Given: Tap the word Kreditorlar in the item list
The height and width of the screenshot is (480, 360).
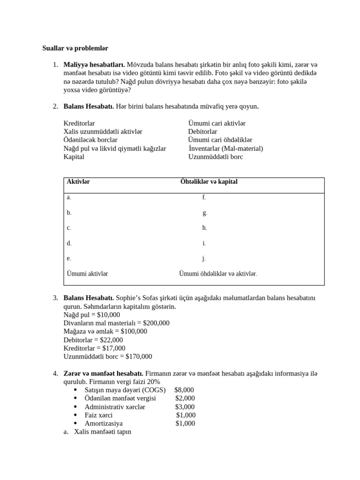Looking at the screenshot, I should coord(79,123).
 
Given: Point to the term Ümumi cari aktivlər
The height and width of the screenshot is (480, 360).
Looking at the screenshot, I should coord(217,123).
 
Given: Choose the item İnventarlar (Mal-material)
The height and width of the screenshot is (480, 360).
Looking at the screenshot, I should coord(226,149).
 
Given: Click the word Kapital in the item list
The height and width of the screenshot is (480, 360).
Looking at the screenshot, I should coord(74,157).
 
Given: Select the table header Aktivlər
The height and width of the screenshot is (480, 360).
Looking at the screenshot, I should coord(78,182).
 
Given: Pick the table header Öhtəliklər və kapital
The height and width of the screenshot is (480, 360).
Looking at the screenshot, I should coord(209,182).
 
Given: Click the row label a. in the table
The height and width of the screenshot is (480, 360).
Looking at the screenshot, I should coord(69,197).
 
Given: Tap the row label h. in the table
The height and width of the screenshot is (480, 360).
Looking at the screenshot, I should coord(204,228).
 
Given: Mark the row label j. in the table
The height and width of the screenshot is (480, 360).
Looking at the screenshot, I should coord(204,258).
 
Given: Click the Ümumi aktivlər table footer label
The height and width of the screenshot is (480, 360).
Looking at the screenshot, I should coord(87,274).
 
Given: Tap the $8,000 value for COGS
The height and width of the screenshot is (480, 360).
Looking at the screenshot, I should coord(184,390).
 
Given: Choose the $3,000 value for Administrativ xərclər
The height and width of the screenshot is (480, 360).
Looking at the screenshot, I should coord(185,407).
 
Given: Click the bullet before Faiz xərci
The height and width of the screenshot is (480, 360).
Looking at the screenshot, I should coord(76,415).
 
